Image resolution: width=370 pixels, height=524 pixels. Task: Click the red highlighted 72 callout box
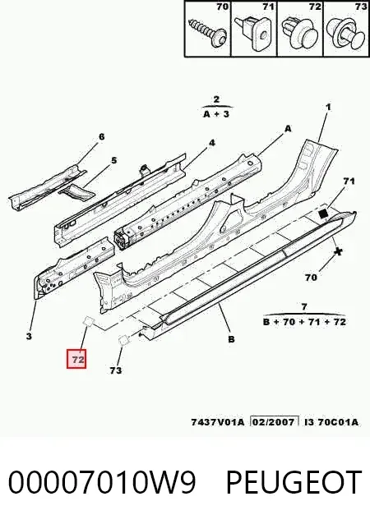(76, 359)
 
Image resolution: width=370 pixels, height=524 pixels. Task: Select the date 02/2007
(275, 422)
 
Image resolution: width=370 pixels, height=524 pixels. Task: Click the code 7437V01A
(218, 422)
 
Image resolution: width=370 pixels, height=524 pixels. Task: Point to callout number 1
(328, 107)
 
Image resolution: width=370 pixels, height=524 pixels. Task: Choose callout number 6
(101, 136)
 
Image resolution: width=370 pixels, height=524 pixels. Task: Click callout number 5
(114, 160)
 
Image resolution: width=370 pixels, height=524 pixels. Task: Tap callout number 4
(212, 143)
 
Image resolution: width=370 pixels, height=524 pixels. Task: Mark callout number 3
(29, 336)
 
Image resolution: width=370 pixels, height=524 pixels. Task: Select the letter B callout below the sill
(231, 339)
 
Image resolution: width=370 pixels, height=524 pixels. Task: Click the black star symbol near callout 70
(338, 251)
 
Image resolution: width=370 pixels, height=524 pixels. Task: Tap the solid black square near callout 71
(323, 214)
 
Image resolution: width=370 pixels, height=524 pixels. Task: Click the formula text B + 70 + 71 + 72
(304, 322)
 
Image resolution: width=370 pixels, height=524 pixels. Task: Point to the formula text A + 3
(216, 114)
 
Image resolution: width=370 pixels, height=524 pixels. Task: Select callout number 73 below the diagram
(115, 370)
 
